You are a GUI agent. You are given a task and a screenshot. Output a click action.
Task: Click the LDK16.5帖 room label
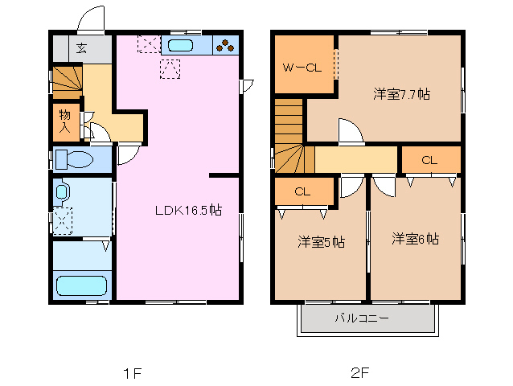pyautogui.click(x=188, y=211)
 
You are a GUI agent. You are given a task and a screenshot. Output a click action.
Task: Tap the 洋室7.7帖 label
pyautogui.click(x=400, y=94)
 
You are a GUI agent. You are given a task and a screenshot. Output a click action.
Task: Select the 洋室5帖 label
pyautogui.click(x=322, y=240)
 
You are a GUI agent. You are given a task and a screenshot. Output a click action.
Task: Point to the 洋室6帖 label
pyautogui.click(x=415, y=239)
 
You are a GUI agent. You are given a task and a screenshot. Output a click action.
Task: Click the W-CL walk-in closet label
pyautogui.click(x=302, y=68)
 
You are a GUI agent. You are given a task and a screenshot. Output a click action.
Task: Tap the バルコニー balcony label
pyautogui.click(x=362, y=318)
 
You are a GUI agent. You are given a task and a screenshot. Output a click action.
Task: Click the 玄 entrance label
pyautogui.click(x=81, y=47)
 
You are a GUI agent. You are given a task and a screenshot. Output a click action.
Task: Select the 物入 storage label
pyautogui.click(x=65, y=121)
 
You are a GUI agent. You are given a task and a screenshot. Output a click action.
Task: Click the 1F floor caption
pyautogui.click(x=132, y=372)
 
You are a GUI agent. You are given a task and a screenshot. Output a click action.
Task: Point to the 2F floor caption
pyautogui.click(x=359, y=372)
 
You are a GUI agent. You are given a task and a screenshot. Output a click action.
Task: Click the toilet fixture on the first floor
pyautogui.click(x=76, y=159)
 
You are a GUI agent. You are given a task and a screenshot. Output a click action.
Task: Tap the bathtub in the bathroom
pyautogui.click(x=81, y=285)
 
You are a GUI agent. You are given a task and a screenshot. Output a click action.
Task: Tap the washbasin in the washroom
pyautogui.click(x=64, y=191)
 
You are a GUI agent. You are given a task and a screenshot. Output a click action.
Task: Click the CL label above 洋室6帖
pyautogui.click(x=429, y=160)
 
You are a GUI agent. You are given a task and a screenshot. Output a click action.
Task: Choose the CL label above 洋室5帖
pyautogui.click(x=302, y=191)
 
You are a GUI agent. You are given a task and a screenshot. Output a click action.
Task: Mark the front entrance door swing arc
pyautogui.click(x=92, y=19)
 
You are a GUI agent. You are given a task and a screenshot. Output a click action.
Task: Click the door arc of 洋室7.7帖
pyautogui.click(x=351, y=131)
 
